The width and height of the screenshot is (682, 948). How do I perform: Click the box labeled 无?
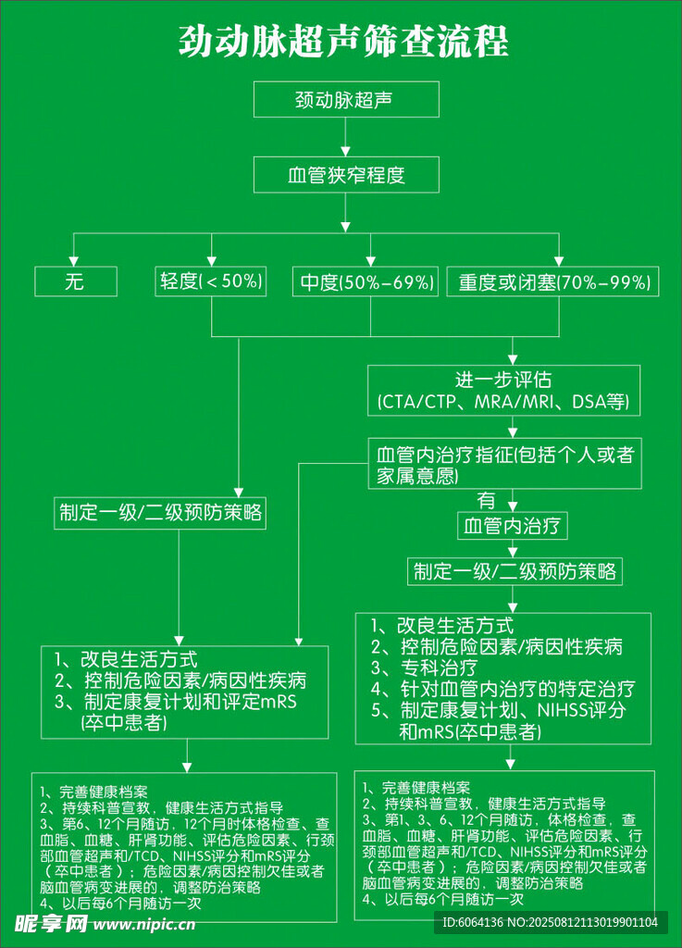76,281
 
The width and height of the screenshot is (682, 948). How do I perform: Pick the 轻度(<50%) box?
212,281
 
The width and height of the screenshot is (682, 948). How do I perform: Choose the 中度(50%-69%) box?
365,281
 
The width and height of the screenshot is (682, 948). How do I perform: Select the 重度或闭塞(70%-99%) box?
553,281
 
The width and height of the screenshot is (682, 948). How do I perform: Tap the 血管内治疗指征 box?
504,464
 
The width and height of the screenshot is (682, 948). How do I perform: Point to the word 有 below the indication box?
486,501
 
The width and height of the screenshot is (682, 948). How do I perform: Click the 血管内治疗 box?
513,527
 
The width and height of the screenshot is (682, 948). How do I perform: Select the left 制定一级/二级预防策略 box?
160,512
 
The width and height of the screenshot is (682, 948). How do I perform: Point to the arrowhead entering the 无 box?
76,260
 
